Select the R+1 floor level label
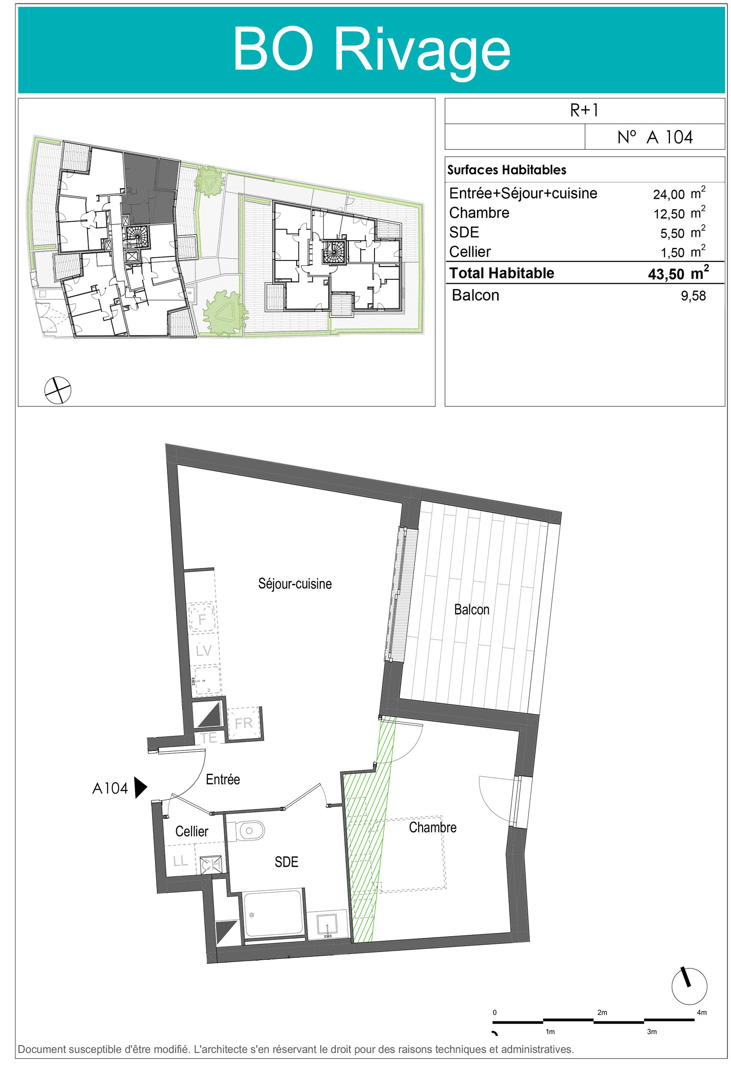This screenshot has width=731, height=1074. pos(584,110)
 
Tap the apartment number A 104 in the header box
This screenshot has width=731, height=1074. pos(655,137)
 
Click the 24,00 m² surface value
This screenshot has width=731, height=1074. pos(679,193)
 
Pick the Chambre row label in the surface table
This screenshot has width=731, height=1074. pos(479,213)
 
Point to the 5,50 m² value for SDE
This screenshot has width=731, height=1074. pos(682,232)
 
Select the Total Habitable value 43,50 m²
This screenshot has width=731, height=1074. pos(678,273)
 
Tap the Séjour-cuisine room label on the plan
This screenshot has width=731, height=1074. pos(295,584)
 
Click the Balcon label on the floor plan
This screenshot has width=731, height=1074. pos(471,610)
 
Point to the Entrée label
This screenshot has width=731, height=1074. pos(223,780)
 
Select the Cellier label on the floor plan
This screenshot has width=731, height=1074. pos(191,831)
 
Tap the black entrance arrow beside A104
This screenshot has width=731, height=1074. pos(140,788)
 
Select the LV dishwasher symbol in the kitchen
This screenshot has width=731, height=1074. pos(203,650)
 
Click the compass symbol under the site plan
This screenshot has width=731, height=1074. pos(58,390)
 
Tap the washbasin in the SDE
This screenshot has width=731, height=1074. pos(327,924)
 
